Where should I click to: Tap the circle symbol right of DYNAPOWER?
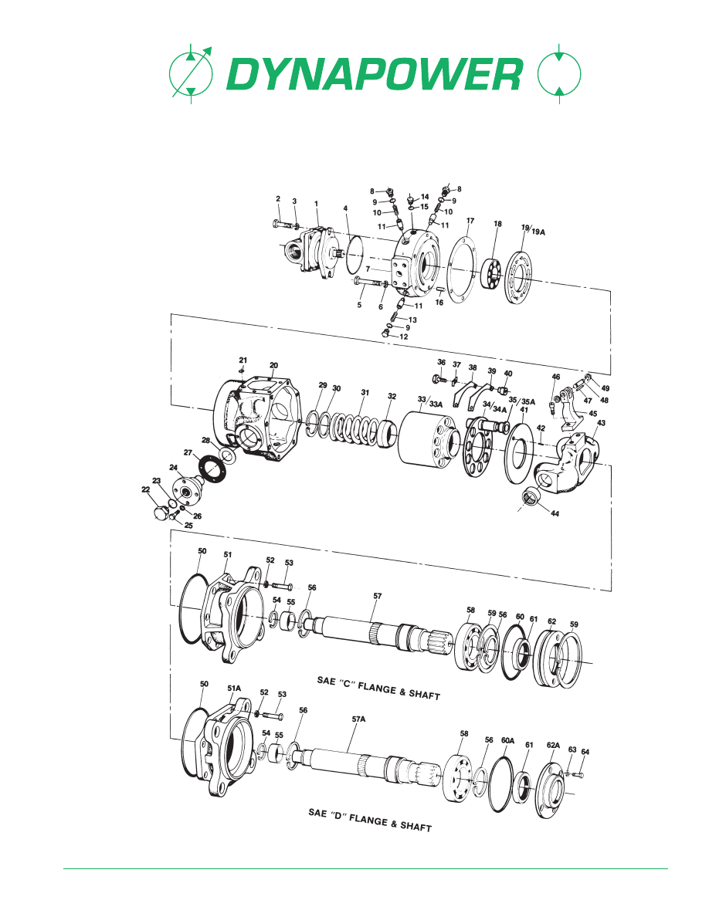(x=558, y=76)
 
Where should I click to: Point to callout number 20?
(x=273, y=365)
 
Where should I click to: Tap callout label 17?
(x=470, y=221)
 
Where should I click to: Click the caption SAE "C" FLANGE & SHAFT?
(x=378, y=689)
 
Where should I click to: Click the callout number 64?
(x=585, y=751)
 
